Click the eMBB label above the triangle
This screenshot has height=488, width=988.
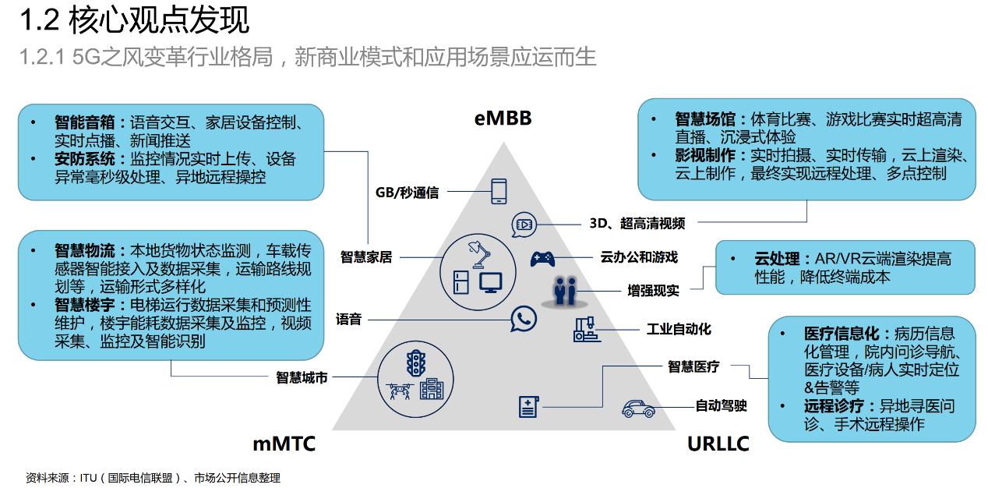(x=503, y=118)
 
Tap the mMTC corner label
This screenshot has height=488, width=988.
(x=284, y=444)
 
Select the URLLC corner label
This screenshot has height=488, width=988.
(x=718, y=444)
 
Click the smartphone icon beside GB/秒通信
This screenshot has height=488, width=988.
(x=499, y=191)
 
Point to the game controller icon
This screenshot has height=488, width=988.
(x=543, y=258)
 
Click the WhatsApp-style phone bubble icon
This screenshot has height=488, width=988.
(x=524, y=318)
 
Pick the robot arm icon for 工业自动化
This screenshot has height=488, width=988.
(x=587, y=331)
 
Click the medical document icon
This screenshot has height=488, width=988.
(x=529, y=406)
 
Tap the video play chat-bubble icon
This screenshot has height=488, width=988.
(x=524, y=225)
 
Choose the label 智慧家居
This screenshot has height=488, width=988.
(x=366, y=256)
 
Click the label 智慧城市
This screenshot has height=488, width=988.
(x=302, y=377)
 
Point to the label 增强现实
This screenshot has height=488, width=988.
(x=653, y=290)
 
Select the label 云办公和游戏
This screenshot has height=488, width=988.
(x=639, y=256)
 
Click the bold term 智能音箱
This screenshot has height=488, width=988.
(x=85, y=122)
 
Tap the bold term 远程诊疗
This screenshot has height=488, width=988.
(x=834, y=405)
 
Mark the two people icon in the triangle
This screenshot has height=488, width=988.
(x=565, y=290)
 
